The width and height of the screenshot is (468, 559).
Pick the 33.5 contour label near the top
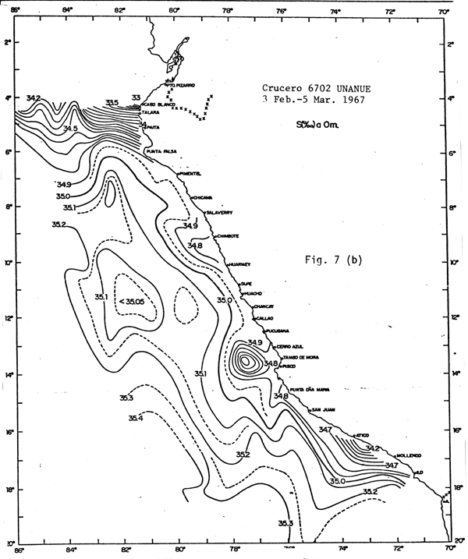tap(112, 102)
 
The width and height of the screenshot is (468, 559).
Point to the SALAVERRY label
tap(219, 212)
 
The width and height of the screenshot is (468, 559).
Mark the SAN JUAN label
tap(323, 409)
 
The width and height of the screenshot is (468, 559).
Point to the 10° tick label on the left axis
tap(11, 264)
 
